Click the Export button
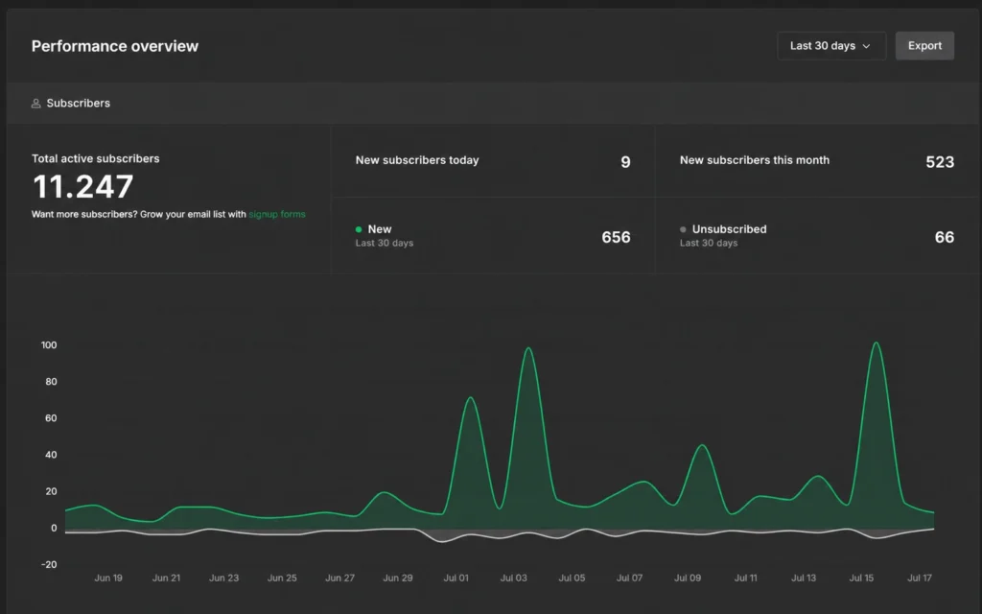click(x=924, y=46)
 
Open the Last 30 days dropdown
click(x=831, y=46)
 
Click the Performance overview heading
click(x=115, y=46)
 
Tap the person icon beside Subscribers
click(x=35, y=104)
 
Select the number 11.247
click(x=82, y=186)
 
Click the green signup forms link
click(x=277, y=214)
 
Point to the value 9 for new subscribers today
click(x=625, y=162)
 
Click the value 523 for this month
click(x=940, y=162)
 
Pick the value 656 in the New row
click(x=616, y=238)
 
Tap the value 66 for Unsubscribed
click(x=945, y=238)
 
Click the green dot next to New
click(x=359, y=229)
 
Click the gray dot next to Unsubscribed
click(x=683, y=229)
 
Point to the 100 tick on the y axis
click(x=49, y=345)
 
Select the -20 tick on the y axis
click(x=49, y=564)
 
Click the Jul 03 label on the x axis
click(x=514, y=578)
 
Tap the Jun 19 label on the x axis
click(x=108, y=578)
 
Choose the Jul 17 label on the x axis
click(x=920, y=578)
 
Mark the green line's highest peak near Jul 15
click(x=876, y=342)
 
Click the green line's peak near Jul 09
click(x=702, y=445)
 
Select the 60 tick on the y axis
click(x=51, y=418)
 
